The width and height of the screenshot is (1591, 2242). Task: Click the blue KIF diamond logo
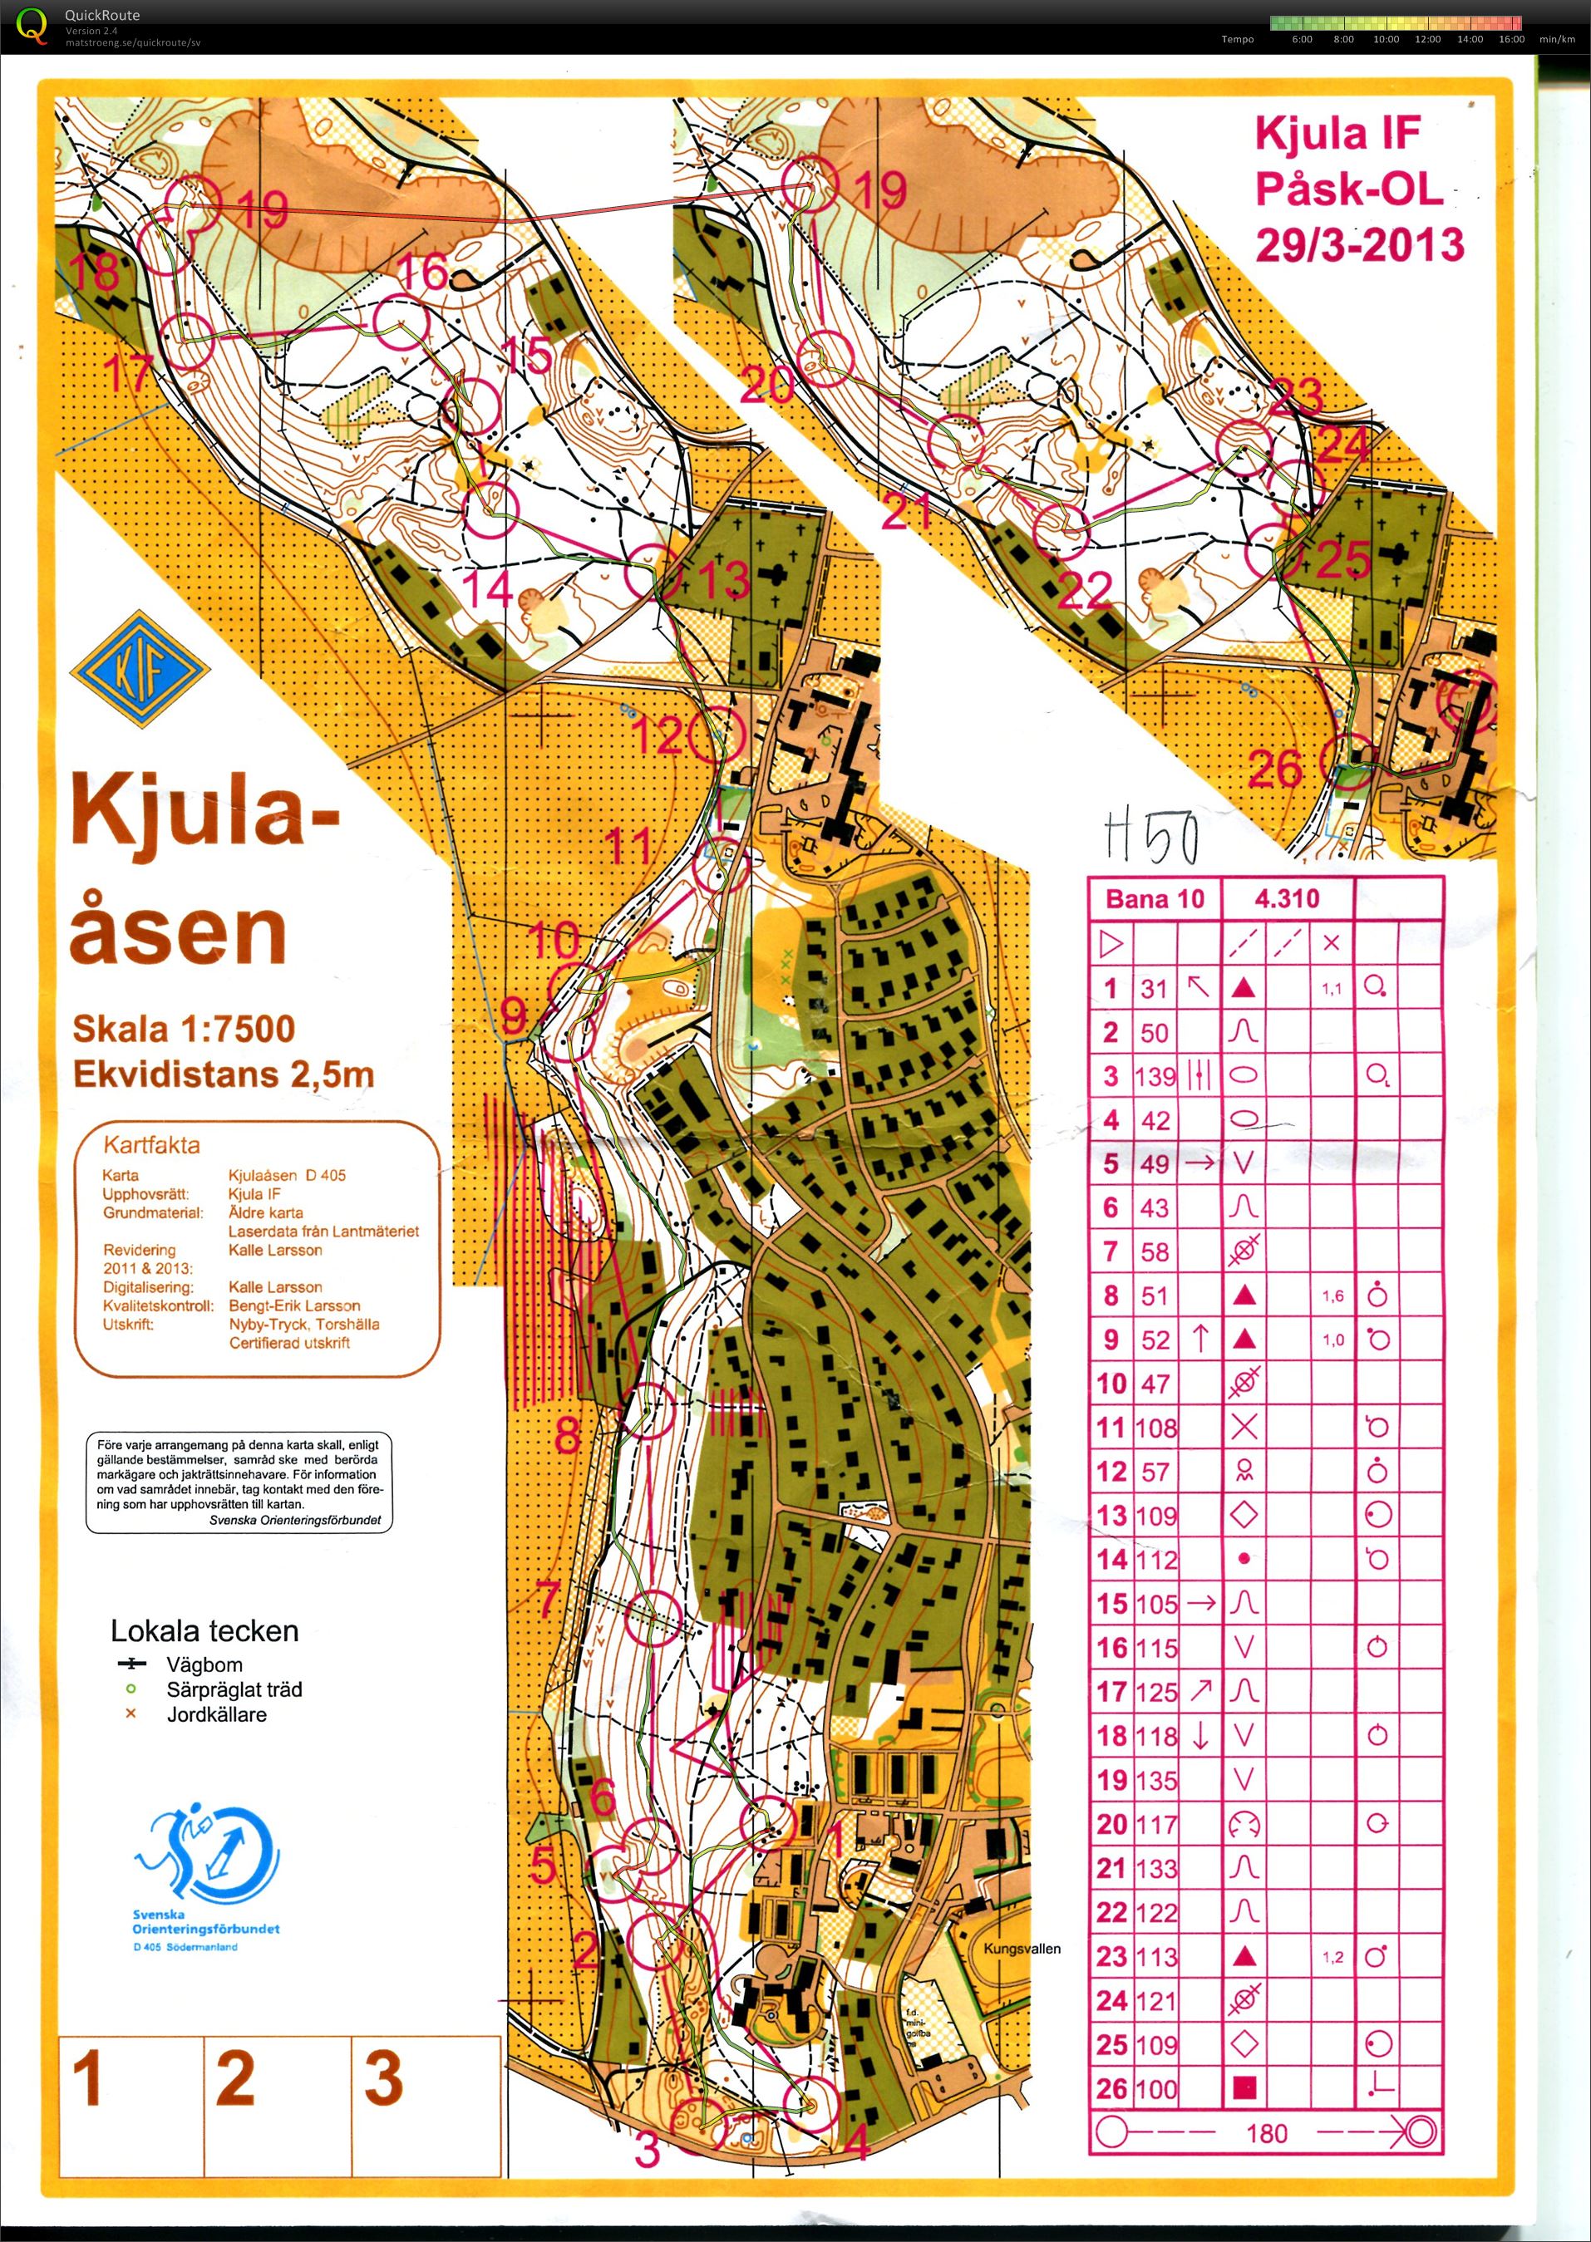click(x=140, y=670)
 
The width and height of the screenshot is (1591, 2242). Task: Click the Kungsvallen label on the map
click(x=1022, y=1948)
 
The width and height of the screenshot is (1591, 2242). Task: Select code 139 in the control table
click(x=1155, y=1075)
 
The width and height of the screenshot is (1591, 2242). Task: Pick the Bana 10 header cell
click(x=1155, y=898)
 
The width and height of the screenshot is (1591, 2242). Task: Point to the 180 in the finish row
click(x=1266, y=2133)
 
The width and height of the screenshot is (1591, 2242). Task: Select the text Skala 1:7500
click(x=183, y=1029)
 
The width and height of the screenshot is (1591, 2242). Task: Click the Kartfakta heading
click(x=152, y=1144)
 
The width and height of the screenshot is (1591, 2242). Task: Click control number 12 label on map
click(x=658, y=735)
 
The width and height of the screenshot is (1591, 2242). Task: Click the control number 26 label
click(x=1274, y=769)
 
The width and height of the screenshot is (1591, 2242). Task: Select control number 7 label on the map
click(x=549, y=1599)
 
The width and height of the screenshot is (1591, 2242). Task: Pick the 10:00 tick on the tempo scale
click(x=1385, y=39)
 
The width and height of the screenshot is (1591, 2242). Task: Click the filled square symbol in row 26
click(x=1244, y=2088)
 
